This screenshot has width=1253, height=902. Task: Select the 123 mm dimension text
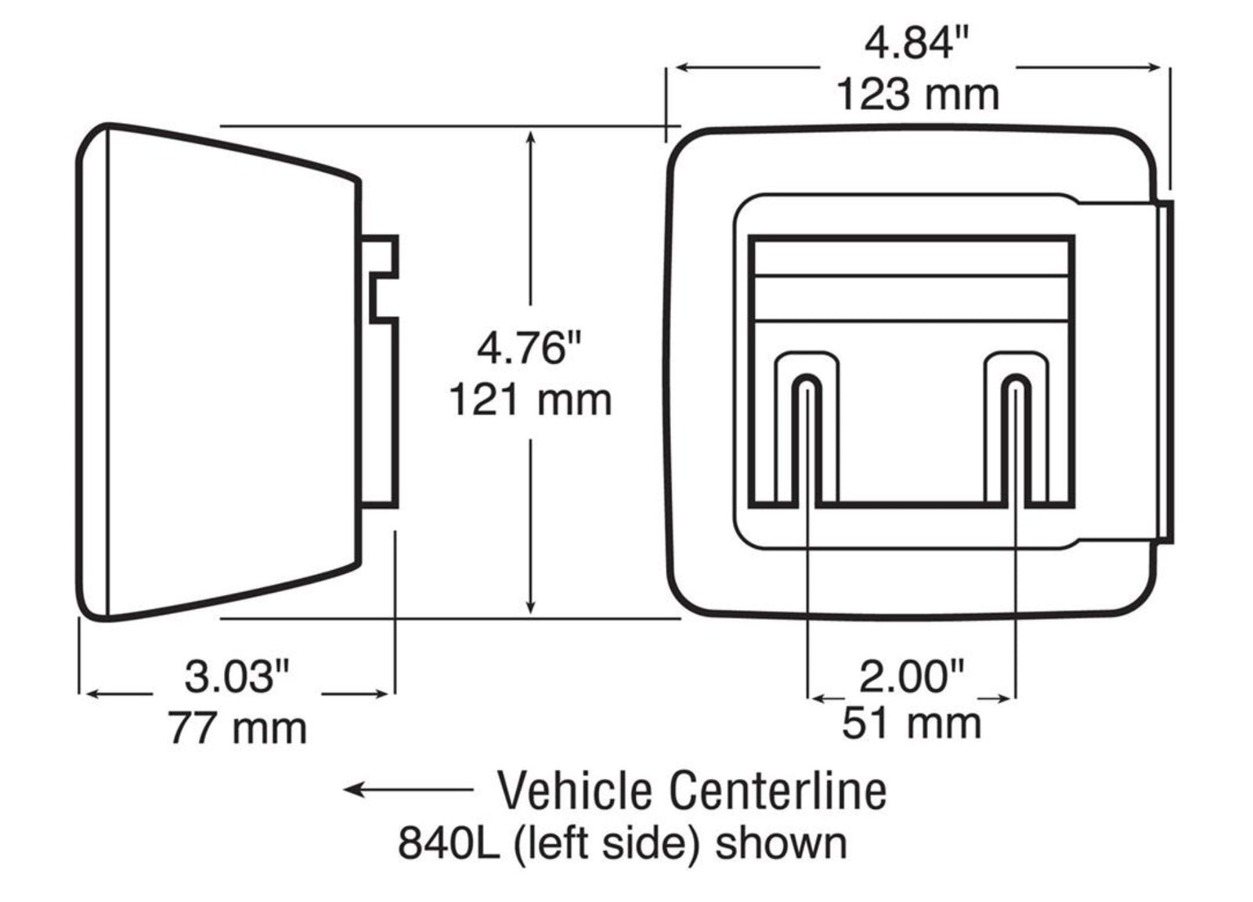tap(918, 95)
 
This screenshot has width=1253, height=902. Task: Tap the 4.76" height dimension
tap(531, 348)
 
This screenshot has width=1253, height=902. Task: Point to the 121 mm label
tap(531, 400)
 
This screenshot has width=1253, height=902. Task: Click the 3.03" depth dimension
tap(237, 676)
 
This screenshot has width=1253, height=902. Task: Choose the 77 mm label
tap(237, 729)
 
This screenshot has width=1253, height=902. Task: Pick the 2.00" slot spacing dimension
tap(912, 676)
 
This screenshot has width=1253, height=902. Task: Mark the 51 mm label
tap(912, 723)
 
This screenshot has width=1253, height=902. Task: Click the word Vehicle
tap(576, 791)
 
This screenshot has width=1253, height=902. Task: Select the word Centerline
tap(778, 791)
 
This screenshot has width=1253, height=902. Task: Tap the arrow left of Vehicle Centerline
tap(407, 789)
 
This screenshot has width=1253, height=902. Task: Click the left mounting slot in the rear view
tap(807, 438)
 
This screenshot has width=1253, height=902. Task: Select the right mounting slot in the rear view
tap(1016, 438)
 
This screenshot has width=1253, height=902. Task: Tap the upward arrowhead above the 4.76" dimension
tap(531, 139)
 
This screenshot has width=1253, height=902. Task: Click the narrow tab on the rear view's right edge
tap(1165, 372)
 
